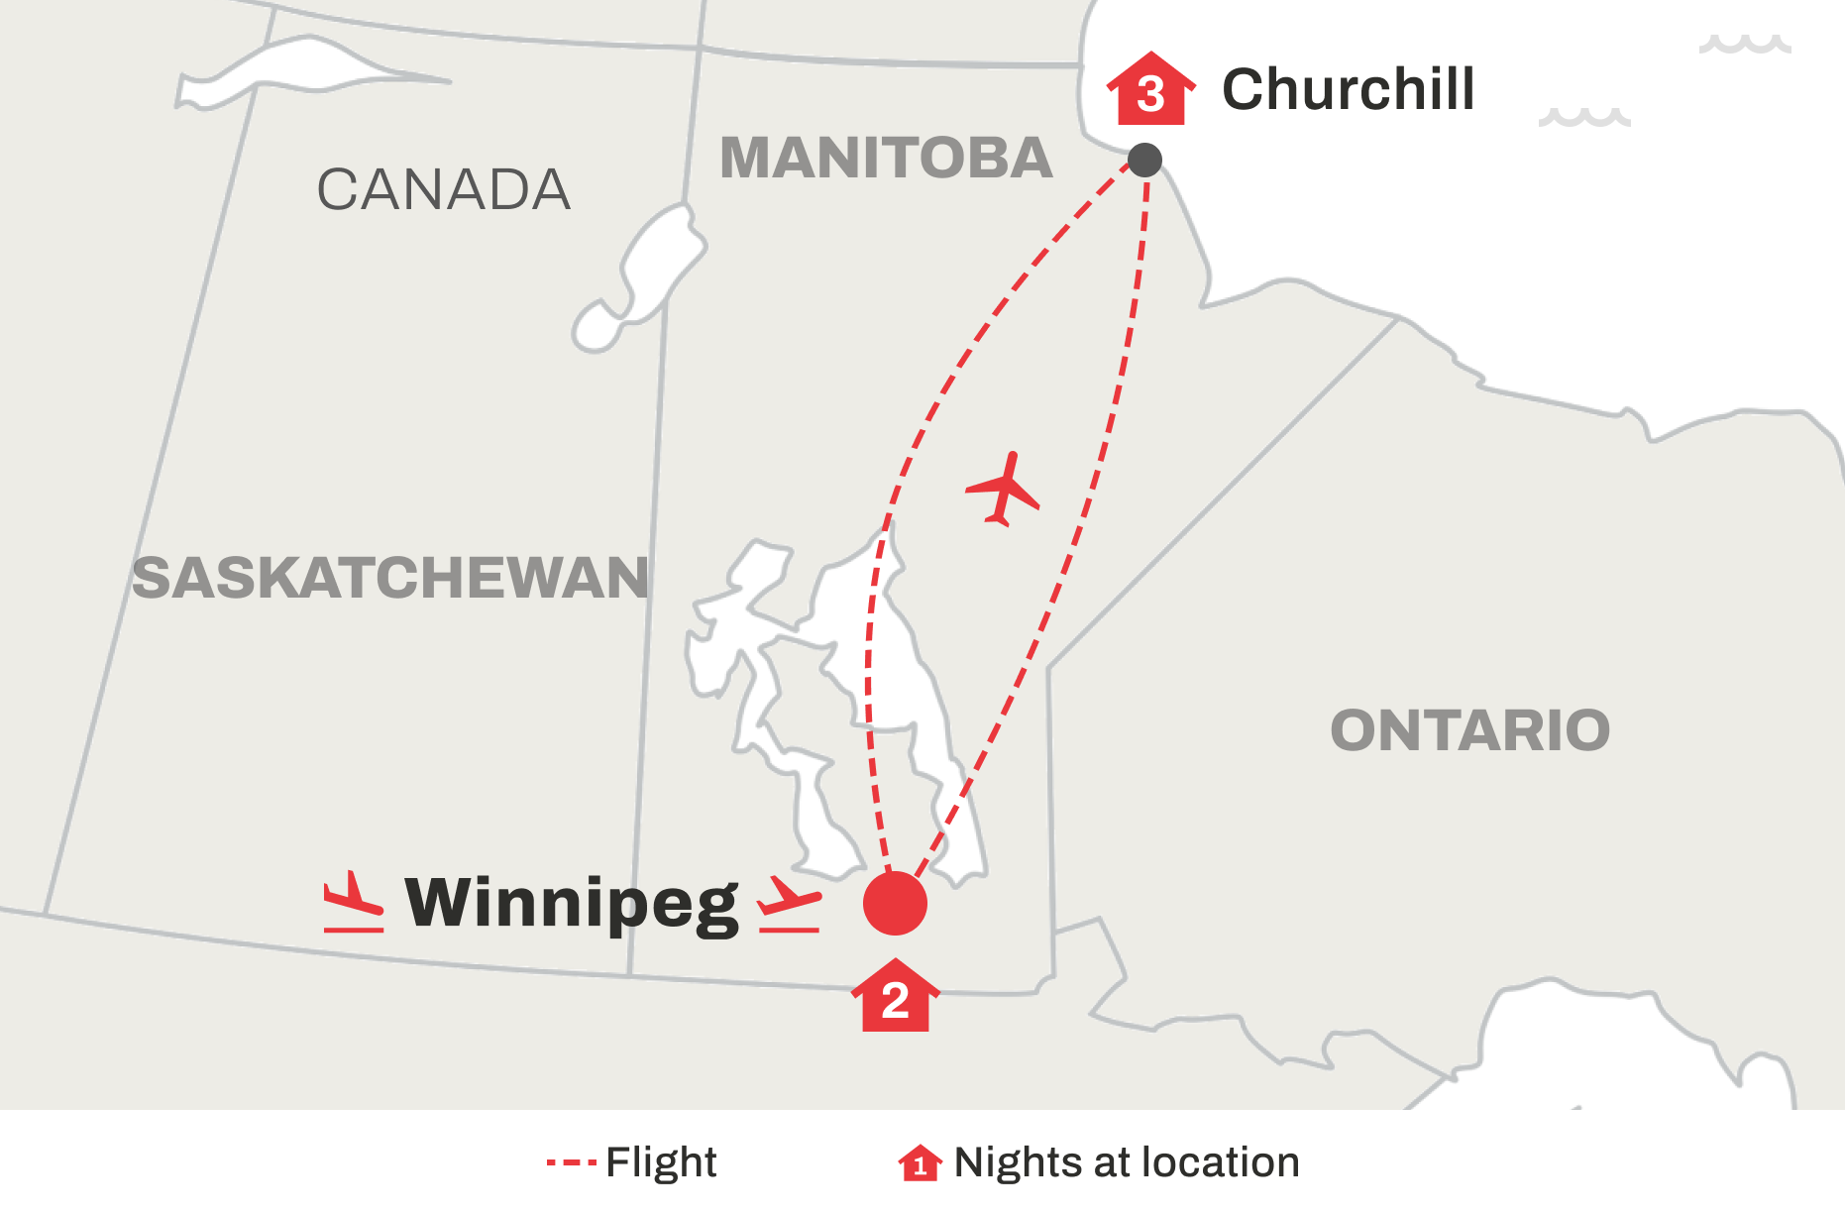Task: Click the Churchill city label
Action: pyautogui.click(x=1348, y=89)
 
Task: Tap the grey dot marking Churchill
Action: pyautogui.click(x=1144, y=160)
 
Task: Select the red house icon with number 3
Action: pyautogui.click(x=1150, y=91)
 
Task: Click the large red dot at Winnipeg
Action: pyautogui.click(x=895, y=903)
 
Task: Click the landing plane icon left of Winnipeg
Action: pyautogui.click(x=353, y=902)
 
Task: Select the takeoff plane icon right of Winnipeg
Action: pyautogui.click(x=790, y=905)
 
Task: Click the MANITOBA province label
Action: pyautogui.click(x=886, y=159)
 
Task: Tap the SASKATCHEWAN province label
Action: pyautogui.click(x=390, y=578)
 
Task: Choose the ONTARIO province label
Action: pyautogui.click(x=1469, y=730)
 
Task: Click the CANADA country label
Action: pyautogui.click(x=443, y=189)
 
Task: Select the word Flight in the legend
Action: pyautogui.click(x=661, y=1161)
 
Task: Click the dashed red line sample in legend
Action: pyautogui.click(x=571, y=1161)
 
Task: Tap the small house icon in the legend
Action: pyautogui.click(x=920, y=1162)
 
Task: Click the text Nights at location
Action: pyautogui.click(x=1127, y=1161)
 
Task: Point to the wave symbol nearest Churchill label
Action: pyautogui.click(x=1583, y=117)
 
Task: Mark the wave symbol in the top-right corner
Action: pyautogui.click(x=1745, y=44)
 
